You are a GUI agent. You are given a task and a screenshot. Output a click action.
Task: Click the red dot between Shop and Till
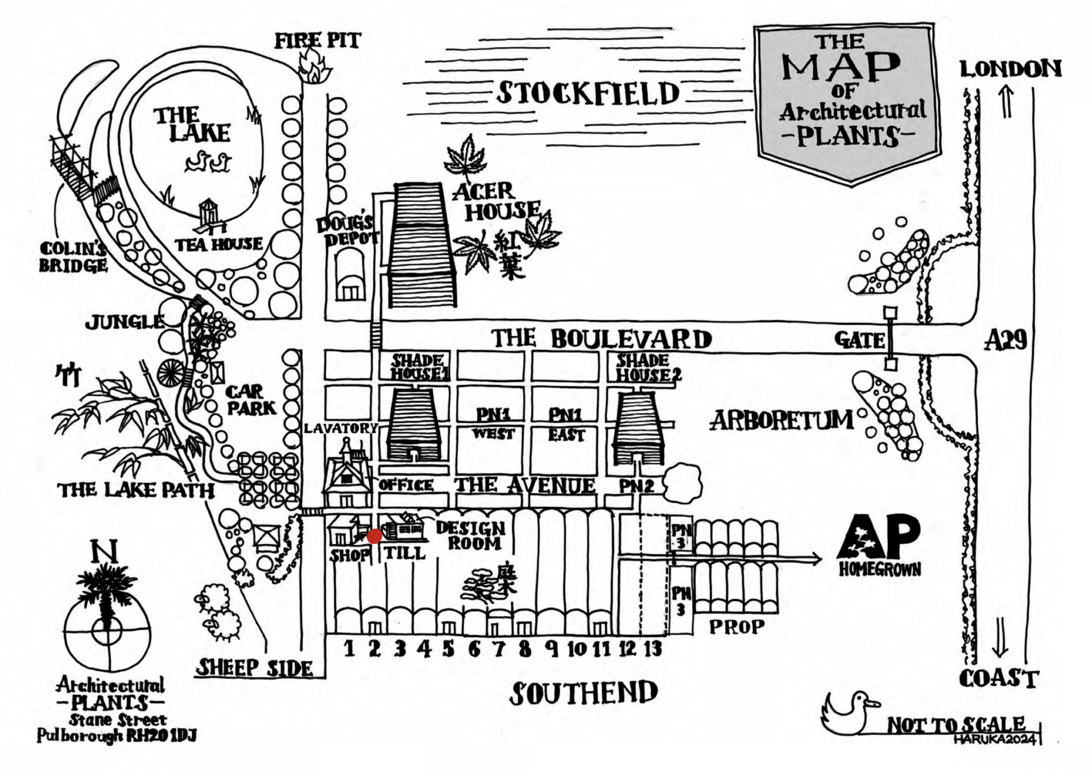click(x=374, y=536)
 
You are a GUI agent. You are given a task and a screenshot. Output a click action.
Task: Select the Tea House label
click(x=218, y=245)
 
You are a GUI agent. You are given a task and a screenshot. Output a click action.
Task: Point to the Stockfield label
click(x=588, y=93)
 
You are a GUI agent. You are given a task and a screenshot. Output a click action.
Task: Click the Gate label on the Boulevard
click(x=859, y=340)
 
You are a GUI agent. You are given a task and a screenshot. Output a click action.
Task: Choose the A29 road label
click(x=1006, y=340)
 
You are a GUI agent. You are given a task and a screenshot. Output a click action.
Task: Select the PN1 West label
click(x=493, y=424)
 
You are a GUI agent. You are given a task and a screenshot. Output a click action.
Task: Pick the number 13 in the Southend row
click(x=653, y=648)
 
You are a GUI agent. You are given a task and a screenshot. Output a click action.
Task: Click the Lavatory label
click(x=341, y=428)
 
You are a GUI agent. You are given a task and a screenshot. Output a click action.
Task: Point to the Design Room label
click(x=471, y=535)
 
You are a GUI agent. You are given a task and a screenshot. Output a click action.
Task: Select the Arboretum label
click(x=782, y=420)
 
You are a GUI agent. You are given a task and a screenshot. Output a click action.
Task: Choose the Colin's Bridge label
click(x=73, y=257)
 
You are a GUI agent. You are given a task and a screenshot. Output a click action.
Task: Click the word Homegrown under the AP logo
click(x=879, y=569)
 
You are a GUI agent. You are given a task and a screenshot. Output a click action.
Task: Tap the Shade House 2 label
click(x=648, y=368)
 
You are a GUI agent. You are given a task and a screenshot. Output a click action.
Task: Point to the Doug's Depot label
click(x=348, y=231)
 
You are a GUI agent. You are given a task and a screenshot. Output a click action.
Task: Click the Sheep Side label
click(x=254, y=667)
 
